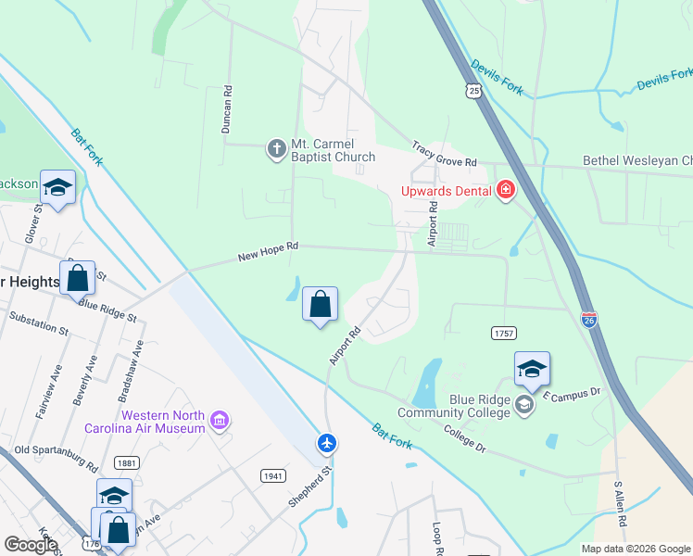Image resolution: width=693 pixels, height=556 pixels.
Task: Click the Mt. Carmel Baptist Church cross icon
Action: [x=276, y=149]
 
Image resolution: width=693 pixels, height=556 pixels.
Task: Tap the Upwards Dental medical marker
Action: [x=506, y=191]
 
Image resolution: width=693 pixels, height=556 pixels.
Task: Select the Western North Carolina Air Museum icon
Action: [x=220, y=422]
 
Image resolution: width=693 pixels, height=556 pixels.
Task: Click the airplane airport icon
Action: [x=326, y=444]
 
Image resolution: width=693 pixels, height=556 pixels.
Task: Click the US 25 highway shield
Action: [x=473, y=91]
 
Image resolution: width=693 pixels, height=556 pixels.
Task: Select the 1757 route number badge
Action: [x=503, y=332]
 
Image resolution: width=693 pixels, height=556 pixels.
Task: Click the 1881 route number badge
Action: [x=126, y=462]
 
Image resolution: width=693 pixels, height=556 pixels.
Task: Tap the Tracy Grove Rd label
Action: [x=444, y=154]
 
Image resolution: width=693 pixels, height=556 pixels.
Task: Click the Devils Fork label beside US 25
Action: [x=498, y=76]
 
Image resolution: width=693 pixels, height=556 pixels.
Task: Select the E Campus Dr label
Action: [x=572, y=393]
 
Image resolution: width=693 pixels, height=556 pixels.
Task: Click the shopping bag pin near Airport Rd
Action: [x=320, y=304]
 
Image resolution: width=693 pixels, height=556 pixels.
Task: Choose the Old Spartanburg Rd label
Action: [x=55, y=456]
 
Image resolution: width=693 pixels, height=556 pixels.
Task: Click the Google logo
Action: [x=31, y=545]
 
